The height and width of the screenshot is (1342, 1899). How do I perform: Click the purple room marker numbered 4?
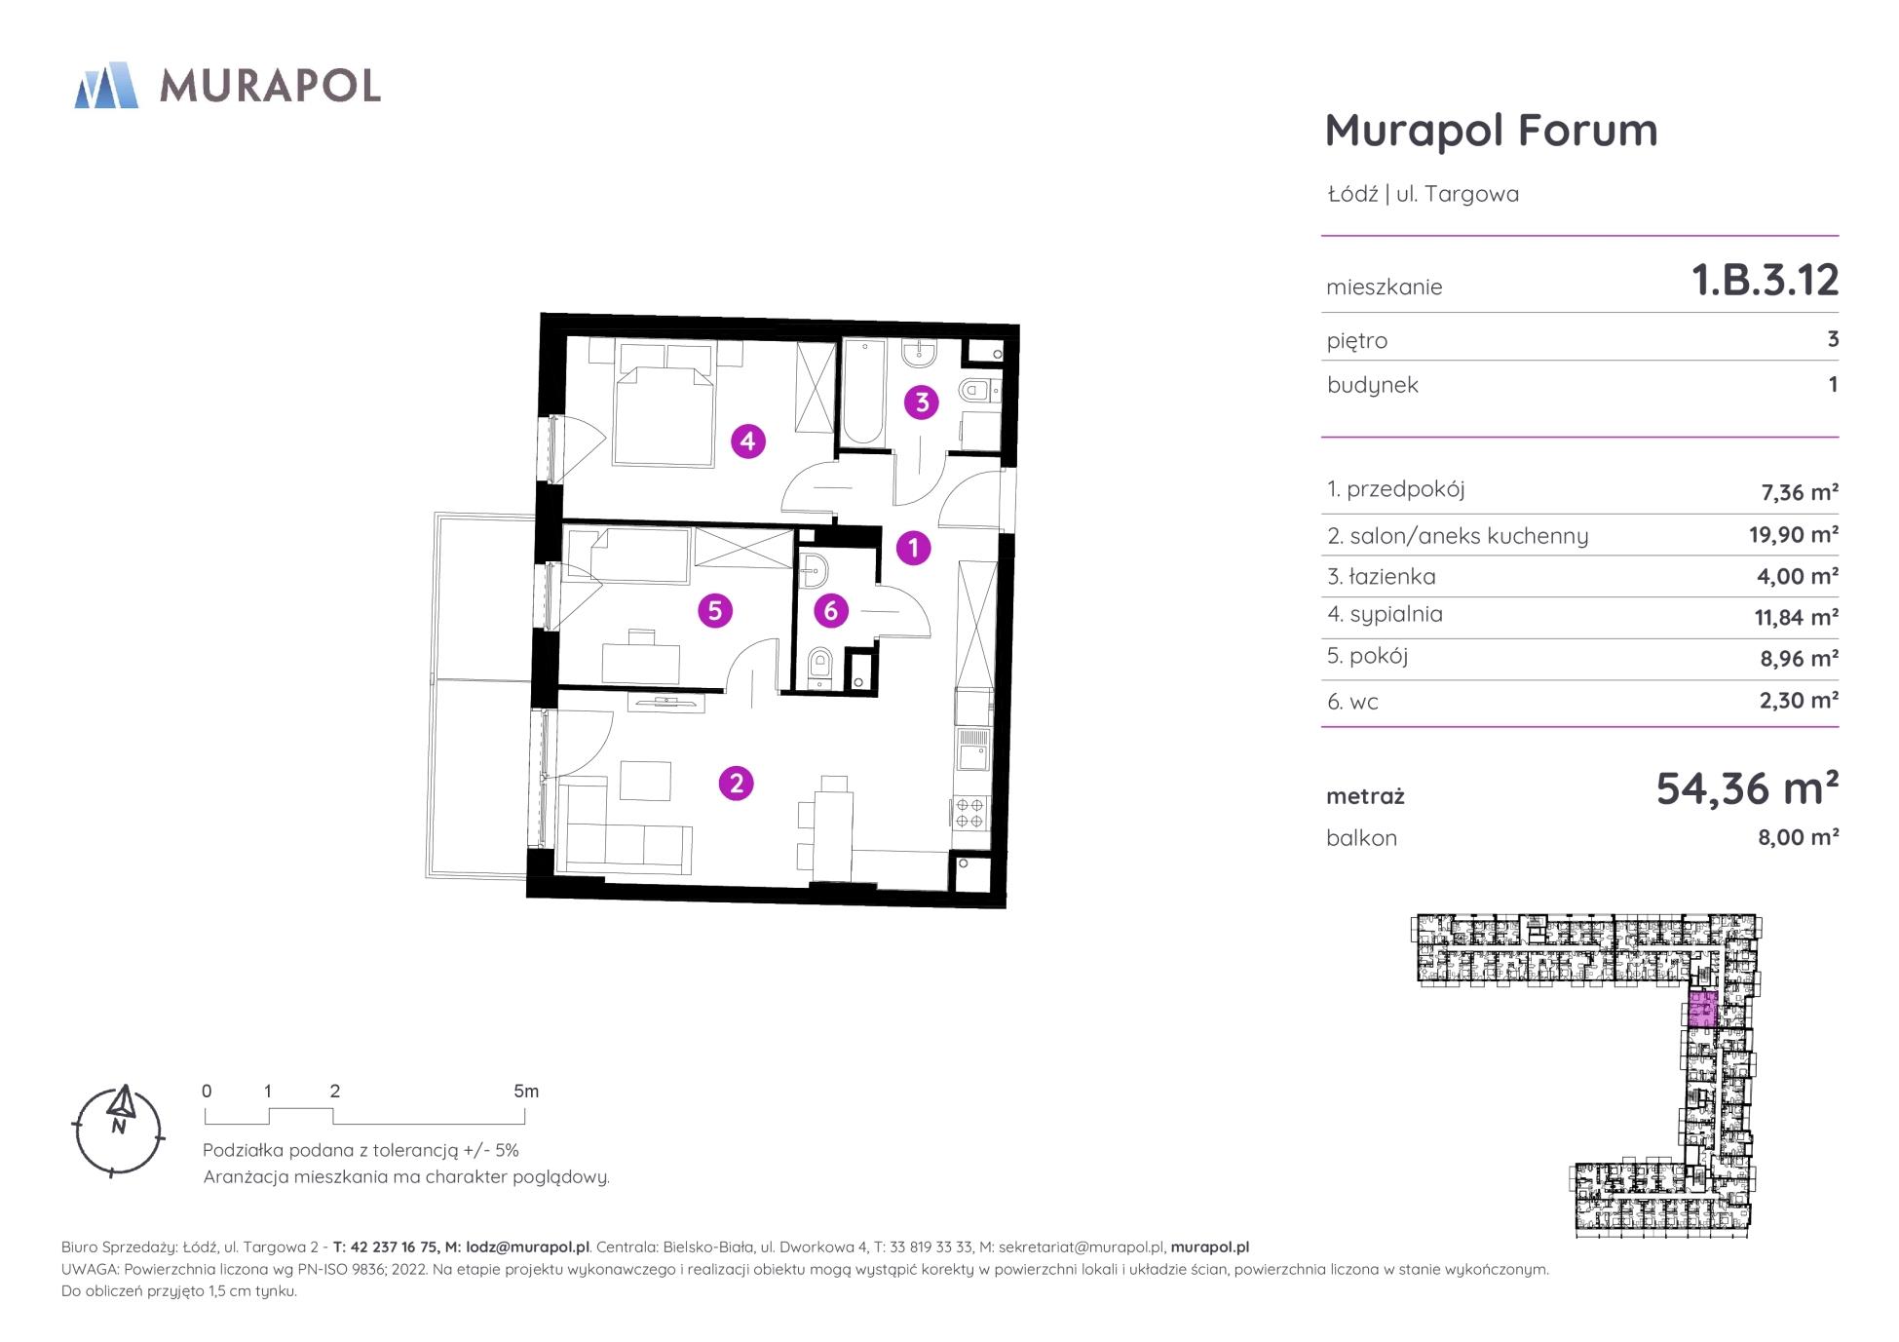point(747,441)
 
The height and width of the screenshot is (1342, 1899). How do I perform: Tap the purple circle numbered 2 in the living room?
point(736,784)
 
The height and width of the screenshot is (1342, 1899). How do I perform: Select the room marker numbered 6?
point(830,611)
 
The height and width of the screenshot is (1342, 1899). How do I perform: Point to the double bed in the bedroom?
point(664,403)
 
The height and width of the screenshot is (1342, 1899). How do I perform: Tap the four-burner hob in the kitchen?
point(969,813)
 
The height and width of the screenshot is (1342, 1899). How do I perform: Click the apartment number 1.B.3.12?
point(1765,281)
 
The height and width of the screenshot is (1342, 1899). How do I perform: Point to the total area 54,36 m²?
point(1747,788)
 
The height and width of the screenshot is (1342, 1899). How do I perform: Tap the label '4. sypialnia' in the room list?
point(1385,615)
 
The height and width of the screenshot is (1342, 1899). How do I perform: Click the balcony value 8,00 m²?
point(1798,837)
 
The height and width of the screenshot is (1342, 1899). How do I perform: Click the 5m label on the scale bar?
point(526,1092)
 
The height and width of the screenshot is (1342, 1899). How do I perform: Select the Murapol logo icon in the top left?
point(106,85)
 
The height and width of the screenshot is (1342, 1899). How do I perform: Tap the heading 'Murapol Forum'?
point(1491,131)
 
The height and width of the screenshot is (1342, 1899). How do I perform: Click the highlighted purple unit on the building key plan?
point(1702,1010)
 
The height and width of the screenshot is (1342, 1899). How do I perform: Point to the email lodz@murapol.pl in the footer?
point(527,1247)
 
